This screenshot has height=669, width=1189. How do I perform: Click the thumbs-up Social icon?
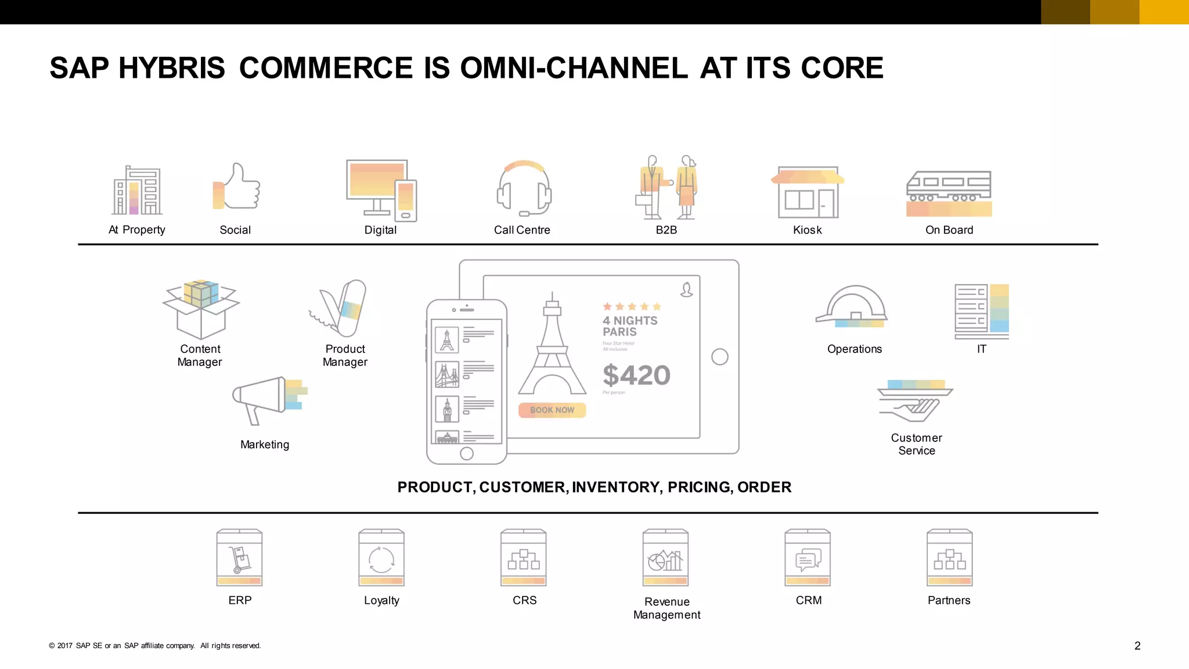click(x=237, y=187)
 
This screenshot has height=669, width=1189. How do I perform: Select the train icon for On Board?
click(x=949, y=193)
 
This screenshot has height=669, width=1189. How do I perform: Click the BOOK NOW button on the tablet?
click(x=552, y=410)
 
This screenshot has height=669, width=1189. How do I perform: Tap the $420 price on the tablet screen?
click(x=636, y=375)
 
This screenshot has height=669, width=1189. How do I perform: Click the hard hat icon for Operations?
click(x=853, y=307)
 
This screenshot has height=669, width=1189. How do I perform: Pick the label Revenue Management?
click(x=666, y=608)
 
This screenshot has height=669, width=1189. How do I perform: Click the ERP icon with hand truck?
click(x=239, y=557)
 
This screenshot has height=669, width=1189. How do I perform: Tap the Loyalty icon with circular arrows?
click(x=381, y=557)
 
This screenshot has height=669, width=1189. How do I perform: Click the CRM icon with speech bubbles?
click(x=808, y=557)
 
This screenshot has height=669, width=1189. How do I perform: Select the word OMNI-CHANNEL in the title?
click(x=574, y=68)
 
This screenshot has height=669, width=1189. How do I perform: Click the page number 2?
click(x=1137, y=646)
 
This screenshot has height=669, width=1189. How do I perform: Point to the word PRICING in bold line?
click(x=698, y=487)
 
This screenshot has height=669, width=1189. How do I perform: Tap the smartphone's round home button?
click(x=467, y=454)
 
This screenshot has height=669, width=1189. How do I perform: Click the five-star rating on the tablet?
click(x=632, y=306)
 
